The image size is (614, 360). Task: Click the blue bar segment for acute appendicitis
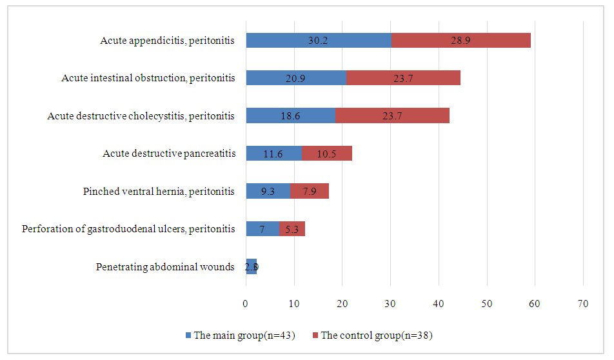tap(319, 41)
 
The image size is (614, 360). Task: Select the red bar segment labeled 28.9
tap(461, 41)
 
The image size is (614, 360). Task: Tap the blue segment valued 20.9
tap(296, 78)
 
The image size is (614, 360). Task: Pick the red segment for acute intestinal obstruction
tap(403, 78)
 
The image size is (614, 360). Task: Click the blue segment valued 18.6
tap(290, 116)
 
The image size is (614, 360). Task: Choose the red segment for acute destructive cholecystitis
tap(392, 116)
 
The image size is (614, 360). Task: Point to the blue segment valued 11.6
tap(273, 154)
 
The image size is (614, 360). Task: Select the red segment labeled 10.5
tap(326, 154)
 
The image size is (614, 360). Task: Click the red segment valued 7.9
tap(310, 191)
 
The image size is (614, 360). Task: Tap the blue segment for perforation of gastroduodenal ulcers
tap(262, 228)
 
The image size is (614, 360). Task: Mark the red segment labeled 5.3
tap(292, 228)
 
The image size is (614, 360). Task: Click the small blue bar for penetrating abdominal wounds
tap(251, 266)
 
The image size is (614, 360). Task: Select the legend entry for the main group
tap(240, 335)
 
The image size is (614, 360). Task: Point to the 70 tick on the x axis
tap(583, 303)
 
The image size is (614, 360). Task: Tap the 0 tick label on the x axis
tap(246, 303)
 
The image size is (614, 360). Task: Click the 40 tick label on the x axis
tap(439, 303)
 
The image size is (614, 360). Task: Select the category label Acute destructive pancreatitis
tap(168, 154)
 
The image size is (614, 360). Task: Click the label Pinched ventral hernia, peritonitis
tap(159, 192)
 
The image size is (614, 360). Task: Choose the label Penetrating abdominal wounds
tap(165, 266)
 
